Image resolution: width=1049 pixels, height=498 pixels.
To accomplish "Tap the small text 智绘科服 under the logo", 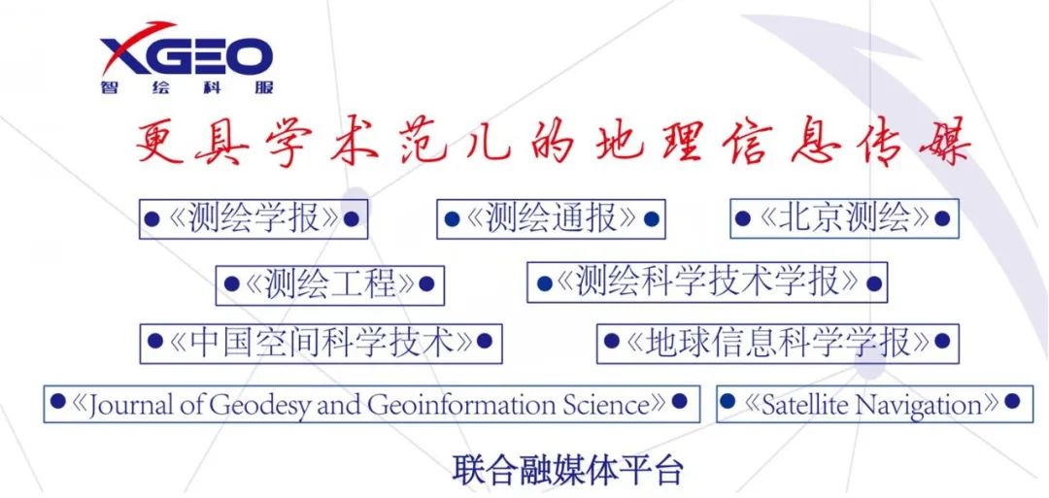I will (186, 86).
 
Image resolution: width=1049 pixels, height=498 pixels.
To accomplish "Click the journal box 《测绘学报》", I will (253, 219).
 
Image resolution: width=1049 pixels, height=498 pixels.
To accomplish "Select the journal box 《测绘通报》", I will (551, 219).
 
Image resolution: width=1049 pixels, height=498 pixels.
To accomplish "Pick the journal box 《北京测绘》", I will (844, 218).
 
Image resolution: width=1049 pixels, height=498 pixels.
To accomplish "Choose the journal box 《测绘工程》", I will (329, 284).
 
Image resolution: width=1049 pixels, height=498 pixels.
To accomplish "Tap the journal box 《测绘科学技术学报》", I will (707, 282).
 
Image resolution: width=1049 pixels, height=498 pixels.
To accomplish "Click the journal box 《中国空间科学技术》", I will (321, 343).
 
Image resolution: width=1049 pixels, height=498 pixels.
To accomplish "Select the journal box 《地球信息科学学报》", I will (777, 343).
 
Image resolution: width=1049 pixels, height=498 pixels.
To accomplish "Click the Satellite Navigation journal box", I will (873, 404).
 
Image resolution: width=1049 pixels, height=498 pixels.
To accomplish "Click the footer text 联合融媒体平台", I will (568, 470).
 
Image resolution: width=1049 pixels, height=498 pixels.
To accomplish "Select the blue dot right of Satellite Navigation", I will (1011, 402).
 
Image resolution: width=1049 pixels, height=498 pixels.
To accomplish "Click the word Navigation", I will (918, 404).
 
